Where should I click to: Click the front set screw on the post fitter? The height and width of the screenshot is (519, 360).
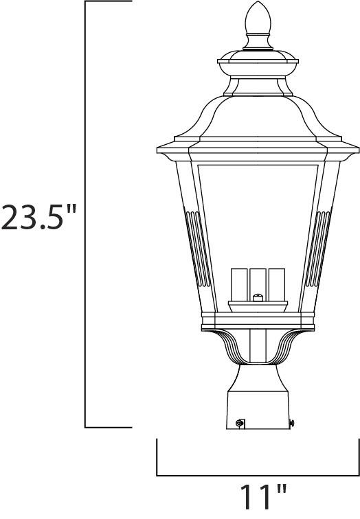[x=239, y=424]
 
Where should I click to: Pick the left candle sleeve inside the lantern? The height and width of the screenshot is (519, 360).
[x=240, y=284]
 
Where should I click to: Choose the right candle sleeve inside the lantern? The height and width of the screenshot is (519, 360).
[x=276, y=284]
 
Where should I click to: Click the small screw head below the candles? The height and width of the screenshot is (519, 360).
[x=258, y=298]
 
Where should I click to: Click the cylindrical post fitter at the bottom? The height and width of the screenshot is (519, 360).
[x=258, y=411]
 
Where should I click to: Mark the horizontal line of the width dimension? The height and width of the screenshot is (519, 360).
[x=258, y=474]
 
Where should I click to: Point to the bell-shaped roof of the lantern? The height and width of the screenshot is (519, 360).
[x=258, y=113]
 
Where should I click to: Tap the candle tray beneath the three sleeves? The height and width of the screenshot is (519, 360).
[x=258, y=305]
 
